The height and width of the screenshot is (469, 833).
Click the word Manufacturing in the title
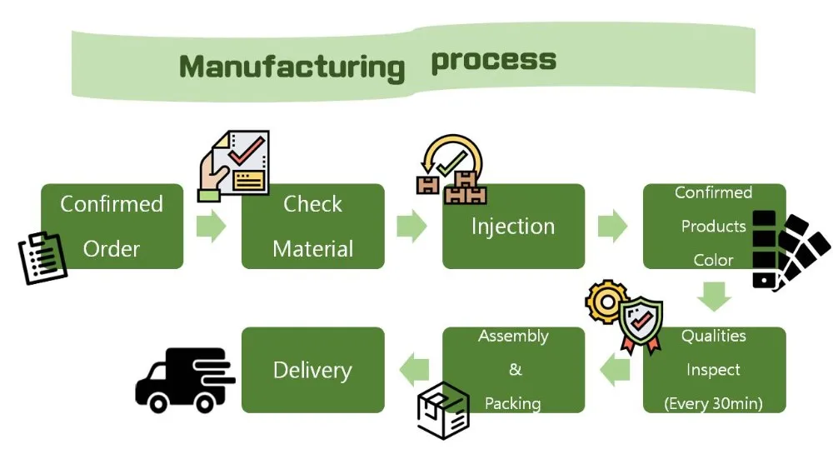(292, 67)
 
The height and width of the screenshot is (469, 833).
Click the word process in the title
(493, 61)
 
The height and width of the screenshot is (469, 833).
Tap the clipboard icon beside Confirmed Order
(42, 257)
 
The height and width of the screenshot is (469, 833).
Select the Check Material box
(312, 226)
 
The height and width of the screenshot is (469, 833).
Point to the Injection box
(513, 226)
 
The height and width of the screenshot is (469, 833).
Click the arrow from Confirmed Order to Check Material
(212, 226)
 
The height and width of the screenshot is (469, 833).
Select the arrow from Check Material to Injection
(412, 226)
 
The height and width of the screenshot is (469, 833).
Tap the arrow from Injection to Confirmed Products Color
(613, 226)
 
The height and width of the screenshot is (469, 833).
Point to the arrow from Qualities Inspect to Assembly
(615, 369)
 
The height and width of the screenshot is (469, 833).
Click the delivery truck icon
(184, 380)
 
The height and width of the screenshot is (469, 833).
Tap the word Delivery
(312, 370)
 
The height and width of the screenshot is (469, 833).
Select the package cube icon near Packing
(443, 411)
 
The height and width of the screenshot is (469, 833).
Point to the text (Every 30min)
(714, 404)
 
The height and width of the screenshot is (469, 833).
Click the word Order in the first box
(112, 248)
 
